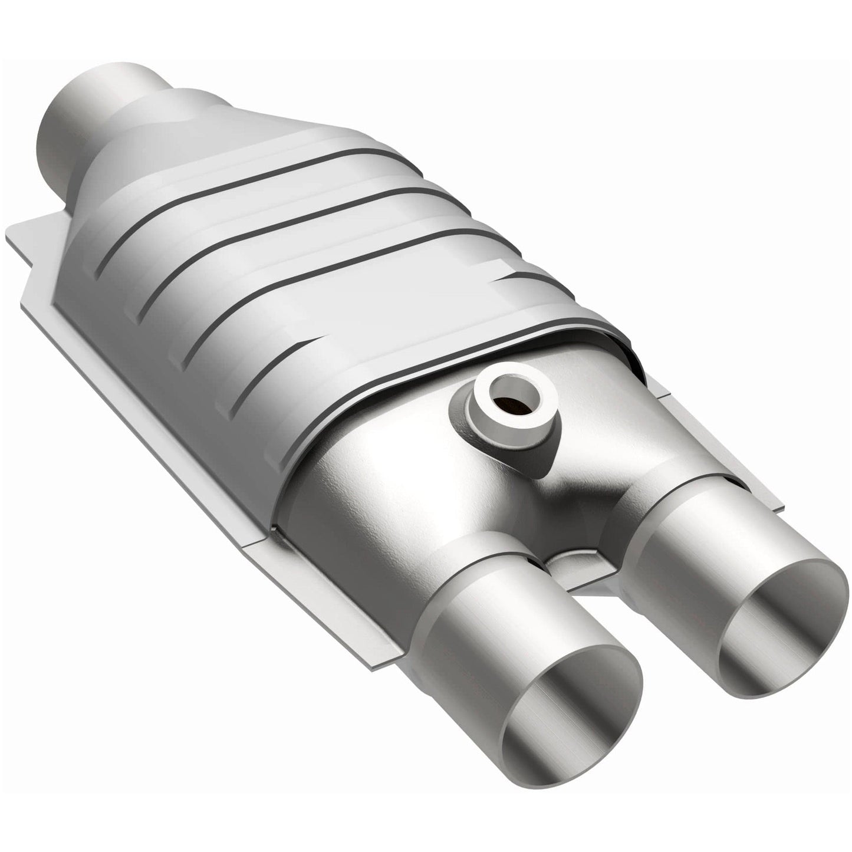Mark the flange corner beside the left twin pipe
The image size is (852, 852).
click(377, 666)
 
